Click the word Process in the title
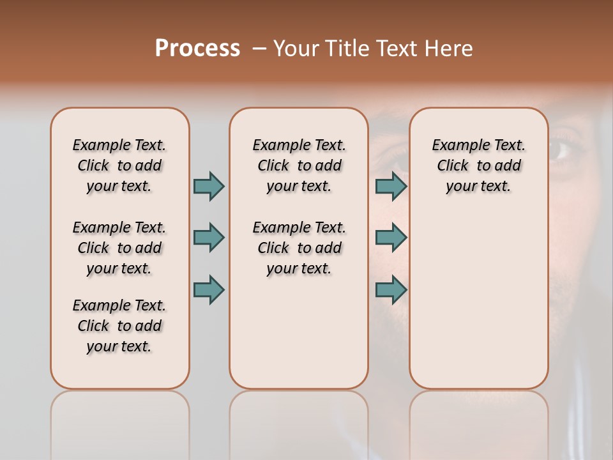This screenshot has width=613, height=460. pyautogui.click(x=197, y=49)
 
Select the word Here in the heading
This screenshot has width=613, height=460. pyautogui.click(x=449, y=49)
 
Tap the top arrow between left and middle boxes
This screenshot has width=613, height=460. pyautogui.click(x=209, y=186)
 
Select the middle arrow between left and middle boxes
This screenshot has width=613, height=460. pyautogui.click(x=209, y=238)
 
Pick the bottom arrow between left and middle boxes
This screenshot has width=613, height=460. pyautogui.click(x=209, y=289)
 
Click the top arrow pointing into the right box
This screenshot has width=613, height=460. pyautogui.click(x=391, y=186)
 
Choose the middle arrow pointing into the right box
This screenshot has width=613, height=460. pyautogui.click(x=391, y=238)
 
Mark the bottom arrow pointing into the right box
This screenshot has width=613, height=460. pyautogui.click(x=391, y=289)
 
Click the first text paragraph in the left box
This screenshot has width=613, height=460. pyautogui.click(x=119, y=165)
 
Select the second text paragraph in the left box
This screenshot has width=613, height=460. pyautogui.click(x=119, y=248)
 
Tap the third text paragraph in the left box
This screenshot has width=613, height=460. pyautogui.click(x=119, y=326)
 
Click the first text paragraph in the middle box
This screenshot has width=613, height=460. pyautogui.click(x=299, y=165)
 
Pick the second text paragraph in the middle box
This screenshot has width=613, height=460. pyautogui.click(x=299, y=248)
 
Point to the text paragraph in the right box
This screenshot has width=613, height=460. pyautogui.click(x=478, y=165)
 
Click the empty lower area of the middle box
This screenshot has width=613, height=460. pyautogui.click(x=299, y=332)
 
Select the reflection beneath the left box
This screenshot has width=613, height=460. pyautogui.click(x=120, y=422)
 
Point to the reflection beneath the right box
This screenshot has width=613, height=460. pyautogui.click(x=478, y=422)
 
